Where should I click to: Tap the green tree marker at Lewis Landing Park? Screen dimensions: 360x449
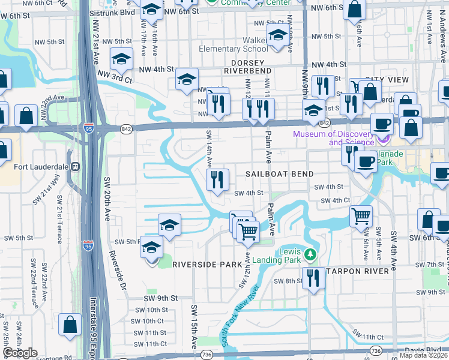point(310,255)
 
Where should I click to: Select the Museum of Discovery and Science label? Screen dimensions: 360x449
point(333,138)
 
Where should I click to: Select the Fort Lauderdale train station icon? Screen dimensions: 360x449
point(76,166)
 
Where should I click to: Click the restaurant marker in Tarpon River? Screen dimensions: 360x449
point(313,278)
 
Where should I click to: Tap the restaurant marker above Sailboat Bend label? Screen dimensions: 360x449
point(217,179)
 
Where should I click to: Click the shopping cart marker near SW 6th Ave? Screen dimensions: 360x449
point(361,215)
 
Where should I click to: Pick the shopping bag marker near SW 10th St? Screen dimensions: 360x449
point(70,325)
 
